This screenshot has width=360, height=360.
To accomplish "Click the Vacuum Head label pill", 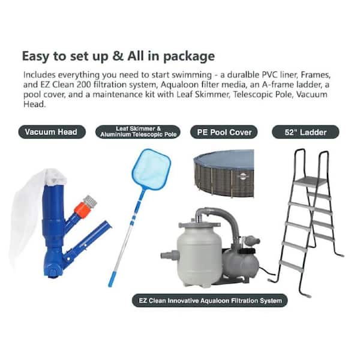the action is coord(52,132).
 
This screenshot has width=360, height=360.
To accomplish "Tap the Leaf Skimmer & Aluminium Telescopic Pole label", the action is coord(138,132).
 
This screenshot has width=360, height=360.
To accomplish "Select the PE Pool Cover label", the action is coord(224,132).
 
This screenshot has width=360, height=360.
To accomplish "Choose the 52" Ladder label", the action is coord(305,132).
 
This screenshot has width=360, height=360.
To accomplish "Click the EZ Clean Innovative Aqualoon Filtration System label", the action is coord(210,301).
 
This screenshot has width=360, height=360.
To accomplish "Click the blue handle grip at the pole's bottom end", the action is coord(113,279).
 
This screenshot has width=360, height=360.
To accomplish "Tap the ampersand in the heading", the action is coord(118,56).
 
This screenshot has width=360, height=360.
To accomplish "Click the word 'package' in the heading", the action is coord(189,57).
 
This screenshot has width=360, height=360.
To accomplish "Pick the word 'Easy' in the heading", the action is coord(35,57).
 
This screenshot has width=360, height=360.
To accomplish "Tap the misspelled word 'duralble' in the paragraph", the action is coord(242,75).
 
